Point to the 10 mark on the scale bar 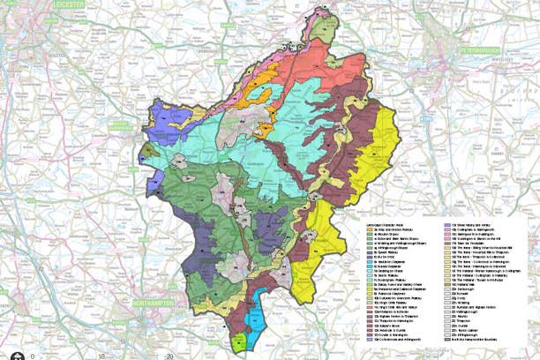[x=102, y=355]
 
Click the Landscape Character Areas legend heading [x=387, y=214]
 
